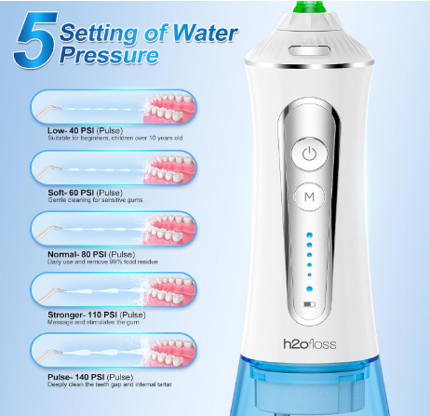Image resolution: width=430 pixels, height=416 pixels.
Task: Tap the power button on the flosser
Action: tap(309, 154)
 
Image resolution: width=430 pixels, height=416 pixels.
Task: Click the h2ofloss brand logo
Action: tap(309, 344)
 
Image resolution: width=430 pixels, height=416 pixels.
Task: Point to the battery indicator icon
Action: tap(309, 304)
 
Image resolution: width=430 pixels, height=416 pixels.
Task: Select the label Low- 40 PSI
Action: tap(71, 130)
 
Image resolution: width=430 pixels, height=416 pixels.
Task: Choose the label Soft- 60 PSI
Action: tap(71, 193)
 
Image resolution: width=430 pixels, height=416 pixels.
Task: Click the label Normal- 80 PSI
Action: tap(77, 254)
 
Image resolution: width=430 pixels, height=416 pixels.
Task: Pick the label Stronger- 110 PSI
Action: tap(82, 315)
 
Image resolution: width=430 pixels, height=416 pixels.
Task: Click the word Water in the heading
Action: tap(205, 33)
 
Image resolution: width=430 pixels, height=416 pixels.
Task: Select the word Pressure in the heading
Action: tap(109, 55)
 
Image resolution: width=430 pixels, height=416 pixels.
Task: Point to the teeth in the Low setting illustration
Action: tap(169, 108)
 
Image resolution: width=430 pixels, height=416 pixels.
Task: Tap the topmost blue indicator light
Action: tap(309, 235)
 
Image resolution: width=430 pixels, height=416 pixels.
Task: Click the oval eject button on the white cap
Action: tap(309, 50)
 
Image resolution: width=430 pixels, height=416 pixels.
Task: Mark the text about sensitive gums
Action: tap(95, 200)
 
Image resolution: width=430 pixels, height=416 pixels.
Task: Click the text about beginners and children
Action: tap(115, 138)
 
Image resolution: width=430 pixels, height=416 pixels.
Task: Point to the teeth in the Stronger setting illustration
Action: tap(169, 290)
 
